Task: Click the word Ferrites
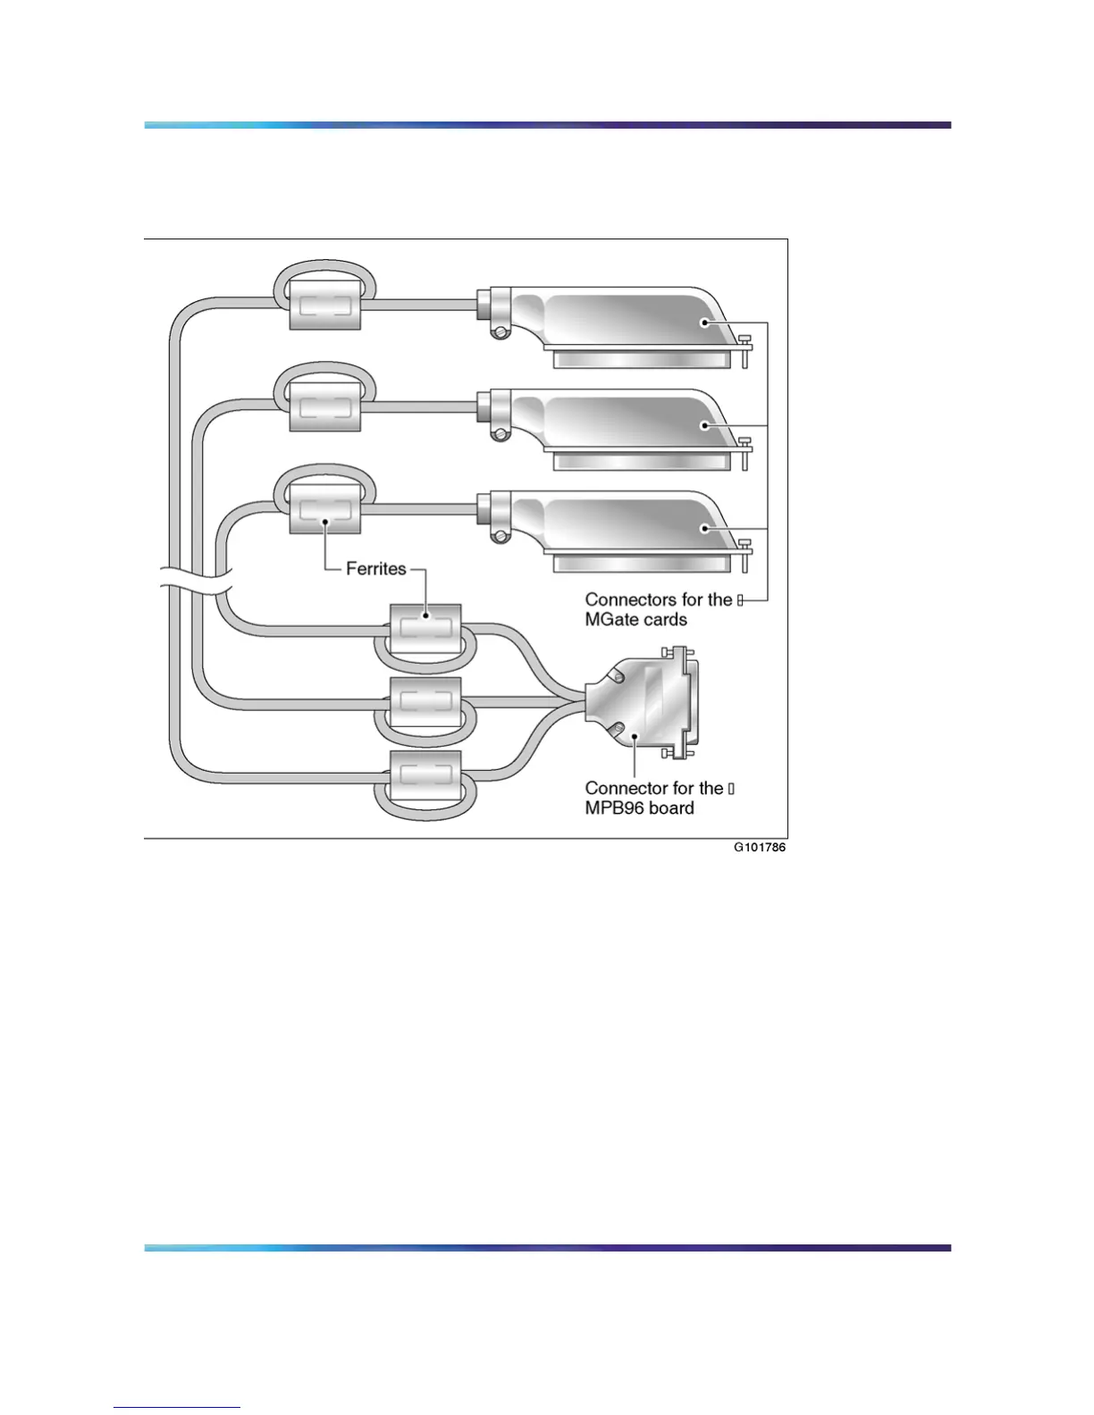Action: (375, 569)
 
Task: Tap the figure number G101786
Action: (759, 848)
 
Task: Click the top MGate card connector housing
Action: (626, 317)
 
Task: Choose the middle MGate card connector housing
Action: (626, 420)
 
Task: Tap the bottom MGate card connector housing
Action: (626, 523)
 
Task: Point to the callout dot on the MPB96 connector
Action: (635, 738)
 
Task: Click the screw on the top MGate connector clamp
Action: (501, 333)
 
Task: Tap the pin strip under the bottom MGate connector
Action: (647, 565)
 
